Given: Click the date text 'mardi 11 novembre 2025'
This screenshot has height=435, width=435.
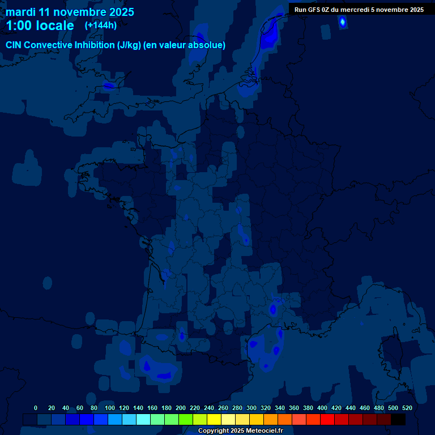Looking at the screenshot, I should click(x=70, y=12).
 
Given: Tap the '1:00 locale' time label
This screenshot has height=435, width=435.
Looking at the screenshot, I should click(x=40, y=25).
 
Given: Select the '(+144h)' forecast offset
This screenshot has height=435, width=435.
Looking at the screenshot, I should click(x=101, y=25).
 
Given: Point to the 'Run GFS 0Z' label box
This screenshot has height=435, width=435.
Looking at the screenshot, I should click(x=359, y=9).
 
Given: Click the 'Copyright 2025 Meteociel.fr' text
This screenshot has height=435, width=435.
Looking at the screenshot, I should click(x=240, y=430).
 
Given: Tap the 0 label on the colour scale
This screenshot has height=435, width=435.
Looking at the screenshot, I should click(x=36, y=408).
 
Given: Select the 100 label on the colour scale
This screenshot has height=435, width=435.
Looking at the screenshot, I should click(x=110, y=408).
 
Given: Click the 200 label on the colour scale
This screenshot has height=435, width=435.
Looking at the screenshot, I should click(x=181, y=408).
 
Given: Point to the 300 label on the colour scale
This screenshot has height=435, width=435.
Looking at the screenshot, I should click(x=251, y=408).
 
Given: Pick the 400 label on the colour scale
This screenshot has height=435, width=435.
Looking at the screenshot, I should click(x=322, y=408).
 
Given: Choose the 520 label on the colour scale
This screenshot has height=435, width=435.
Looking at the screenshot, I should click(x=407, y=408).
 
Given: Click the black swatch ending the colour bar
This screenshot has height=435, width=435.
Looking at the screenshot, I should click(x=398, y=419).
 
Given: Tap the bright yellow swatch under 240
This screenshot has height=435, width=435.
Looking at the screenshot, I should click(x=214, y=419).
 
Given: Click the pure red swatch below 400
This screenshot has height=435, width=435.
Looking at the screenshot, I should click(x=327, y=419).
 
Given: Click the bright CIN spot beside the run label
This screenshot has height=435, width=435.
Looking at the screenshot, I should click(x=342, y=22).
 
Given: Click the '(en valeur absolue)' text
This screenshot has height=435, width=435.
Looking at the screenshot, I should click(x=185, y=45).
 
